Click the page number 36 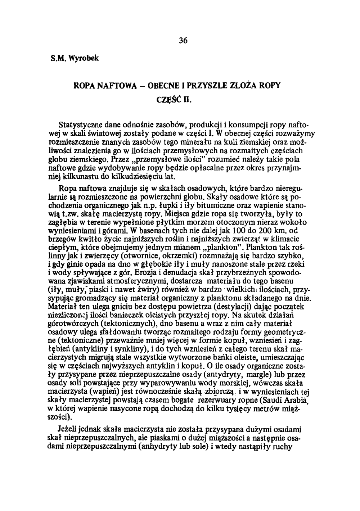(183, 40)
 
